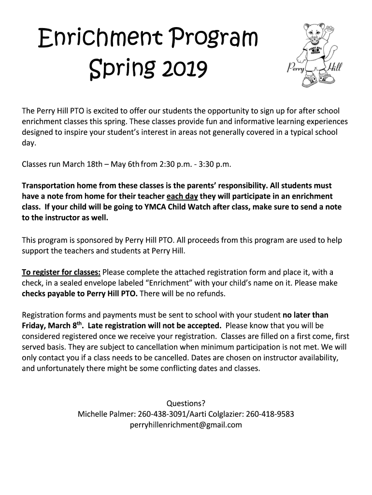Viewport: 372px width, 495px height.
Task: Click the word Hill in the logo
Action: tap(334, 66)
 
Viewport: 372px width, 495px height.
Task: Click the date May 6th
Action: tap(125, 164)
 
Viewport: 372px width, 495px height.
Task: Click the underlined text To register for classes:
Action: tap(61, 272)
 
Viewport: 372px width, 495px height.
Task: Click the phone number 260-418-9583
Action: tap(270, 414)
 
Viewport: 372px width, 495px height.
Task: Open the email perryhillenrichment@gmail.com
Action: tap(186, 425)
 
